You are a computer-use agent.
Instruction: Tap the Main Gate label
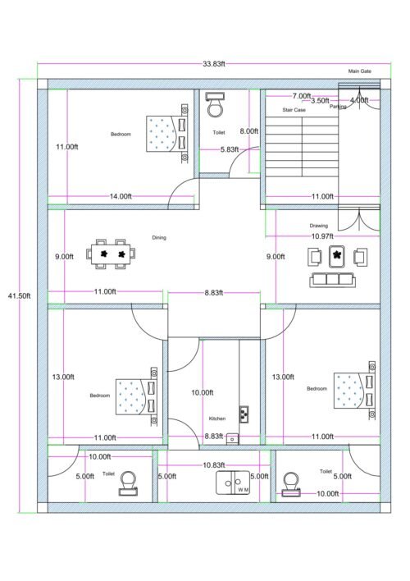click(360, 71)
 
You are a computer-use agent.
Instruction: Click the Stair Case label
click(294, 109)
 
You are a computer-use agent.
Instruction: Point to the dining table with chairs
click(112, 254)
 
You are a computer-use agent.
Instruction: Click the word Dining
click(159, 237)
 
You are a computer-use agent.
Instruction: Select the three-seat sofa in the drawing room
click(333, 280)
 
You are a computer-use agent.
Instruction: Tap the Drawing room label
click(318, 225)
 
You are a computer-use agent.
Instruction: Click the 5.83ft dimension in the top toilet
click(230, 149)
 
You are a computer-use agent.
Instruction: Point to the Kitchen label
click(216, 418)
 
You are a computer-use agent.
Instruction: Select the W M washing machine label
click(243, 489)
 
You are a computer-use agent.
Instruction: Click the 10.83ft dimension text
click(215, 465)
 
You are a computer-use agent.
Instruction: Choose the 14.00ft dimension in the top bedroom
click(121, 196)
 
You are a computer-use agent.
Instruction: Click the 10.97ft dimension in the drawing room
click(322, 236)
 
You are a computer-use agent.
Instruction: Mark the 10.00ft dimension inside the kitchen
click(202, 392)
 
